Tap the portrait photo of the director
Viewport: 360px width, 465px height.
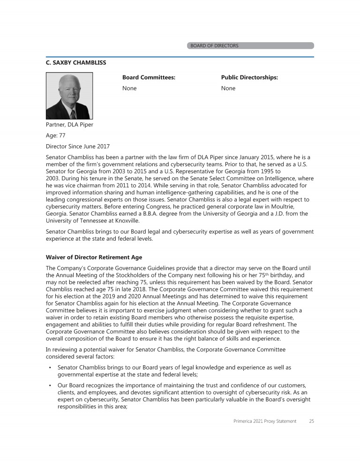click(69, 96)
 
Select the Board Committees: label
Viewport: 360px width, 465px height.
click(149, 77)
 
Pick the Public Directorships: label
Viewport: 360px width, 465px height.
click(249, 77)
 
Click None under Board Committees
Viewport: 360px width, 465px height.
click(129, 89)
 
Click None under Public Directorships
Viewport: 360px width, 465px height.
click(228, 89)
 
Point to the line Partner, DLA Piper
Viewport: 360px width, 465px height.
click(69, 125)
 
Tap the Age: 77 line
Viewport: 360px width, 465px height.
click(55, 136)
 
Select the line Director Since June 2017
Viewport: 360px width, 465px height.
click(78, 147)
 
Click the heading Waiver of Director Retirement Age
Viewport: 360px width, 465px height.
click(94, 258)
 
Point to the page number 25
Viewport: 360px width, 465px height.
click(311, 421)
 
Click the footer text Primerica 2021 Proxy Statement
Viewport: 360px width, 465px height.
click(265, 421)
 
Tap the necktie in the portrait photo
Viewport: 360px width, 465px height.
click(73, 113)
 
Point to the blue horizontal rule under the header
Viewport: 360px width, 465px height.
click(180, 57)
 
